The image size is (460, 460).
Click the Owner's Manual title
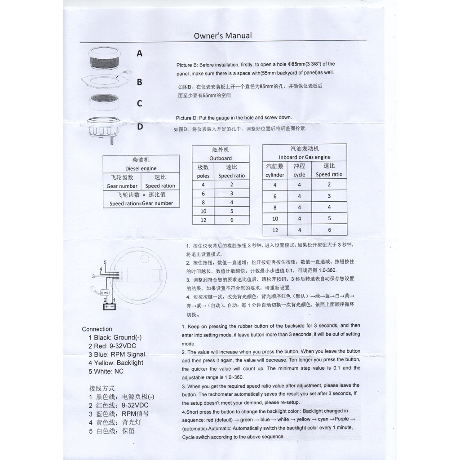pyautogui.click(x=222, y=35)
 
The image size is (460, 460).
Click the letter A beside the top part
pyautogui.click(x=140, y=53)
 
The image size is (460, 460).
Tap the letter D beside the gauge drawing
pyautogui.click(x=140, y=127)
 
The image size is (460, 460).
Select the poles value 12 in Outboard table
pyautogui.click(x=203, y=220)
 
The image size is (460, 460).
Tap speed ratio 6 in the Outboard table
pyautogui.click(x=232, y=220)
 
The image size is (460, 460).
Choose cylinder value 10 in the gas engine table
pyautogui.click(x=275, y=219)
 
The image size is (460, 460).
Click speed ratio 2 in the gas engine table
pyautogui.click(x=329, y=185)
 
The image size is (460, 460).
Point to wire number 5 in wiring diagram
pyautogui.click(x=105, y=262)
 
